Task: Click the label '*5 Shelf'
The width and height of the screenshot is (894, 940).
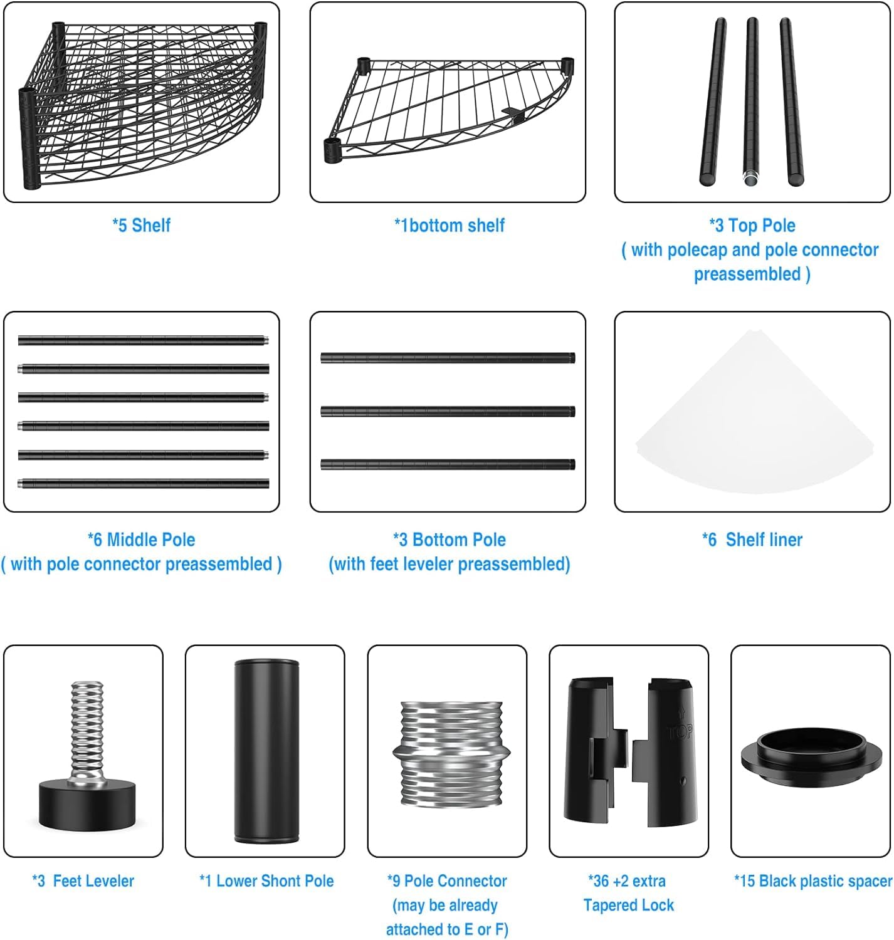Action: [x=141, y=225]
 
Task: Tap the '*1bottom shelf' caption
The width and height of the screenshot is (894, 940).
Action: [x=449, y=225]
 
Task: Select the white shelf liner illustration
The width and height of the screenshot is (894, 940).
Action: [x=754, y=412]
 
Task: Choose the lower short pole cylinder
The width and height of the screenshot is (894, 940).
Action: [x=266, y=751]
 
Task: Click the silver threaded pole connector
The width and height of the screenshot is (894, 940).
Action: [x=451, y=754]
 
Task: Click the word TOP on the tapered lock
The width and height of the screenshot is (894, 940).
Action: [x=680, y=732]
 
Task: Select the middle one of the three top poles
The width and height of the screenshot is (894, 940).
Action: [x=752, y=102]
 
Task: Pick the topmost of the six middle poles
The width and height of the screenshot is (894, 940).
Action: [x=143, y=340]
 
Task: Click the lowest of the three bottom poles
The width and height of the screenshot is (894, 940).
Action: [x=448, y=464]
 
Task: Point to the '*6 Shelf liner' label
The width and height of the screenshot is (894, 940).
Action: [x=752, y=540]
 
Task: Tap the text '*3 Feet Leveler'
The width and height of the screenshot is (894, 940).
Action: [x=83, y=880]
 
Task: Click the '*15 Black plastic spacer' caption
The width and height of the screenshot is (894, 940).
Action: [x=812, y=880]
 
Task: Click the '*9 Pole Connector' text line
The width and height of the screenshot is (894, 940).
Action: [x=447, y=880]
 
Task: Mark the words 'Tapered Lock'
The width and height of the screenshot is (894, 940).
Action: [x=629, y=905]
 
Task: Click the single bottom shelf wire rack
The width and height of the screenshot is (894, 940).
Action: [x=448, y=109]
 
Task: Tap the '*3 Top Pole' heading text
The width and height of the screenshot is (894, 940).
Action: [x=752, y=225]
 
